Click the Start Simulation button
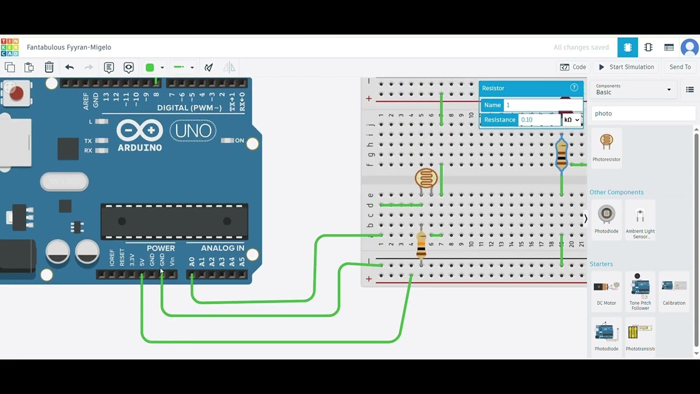tap(626, 67)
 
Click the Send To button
tap(680, 67)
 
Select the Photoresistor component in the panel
tap(606, 147)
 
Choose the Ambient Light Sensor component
tap(640, 219)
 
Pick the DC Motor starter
tap(606, 291)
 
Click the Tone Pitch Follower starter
tap(640, 291)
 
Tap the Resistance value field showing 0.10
tap(539, 120)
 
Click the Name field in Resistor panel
tap(541, 105)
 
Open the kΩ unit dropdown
tap(571, 120)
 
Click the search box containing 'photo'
tap(643, 113)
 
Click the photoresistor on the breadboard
tap(426, 178)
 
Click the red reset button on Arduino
tap(16, 94)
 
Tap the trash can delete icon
tap(49, 67)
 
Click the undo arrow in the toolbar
tap(69, 67)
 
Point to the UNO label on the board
tap(193, 131)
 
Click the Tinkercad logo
tap(10, 48)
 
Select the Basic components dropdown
tap(633, 89)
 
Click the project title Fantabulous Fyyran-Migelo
tap(69, 48)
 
